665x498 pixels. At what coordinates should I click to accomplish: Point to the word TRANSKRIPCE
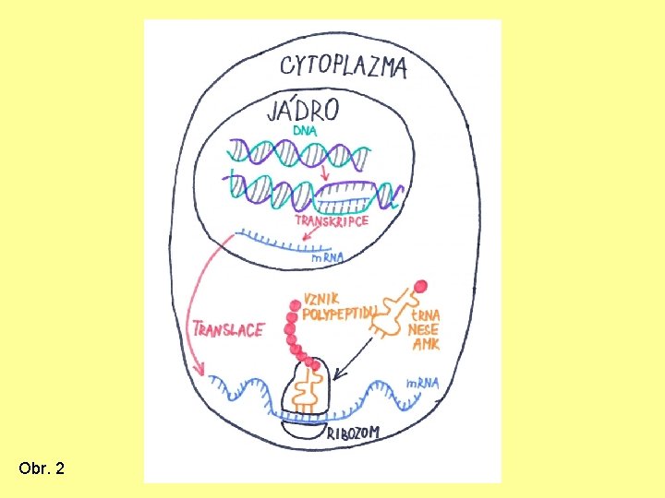point(331,221)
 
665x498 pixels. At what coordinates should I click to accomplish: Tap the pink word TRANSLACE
point(228,329)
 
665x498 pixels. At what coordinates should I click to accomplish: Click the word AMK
point(426,345)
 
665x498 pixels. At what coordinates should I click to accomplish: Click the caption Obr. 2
point(42,469)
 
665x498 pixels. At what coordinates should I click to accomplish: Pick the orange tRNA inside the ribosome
point(307,391)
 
